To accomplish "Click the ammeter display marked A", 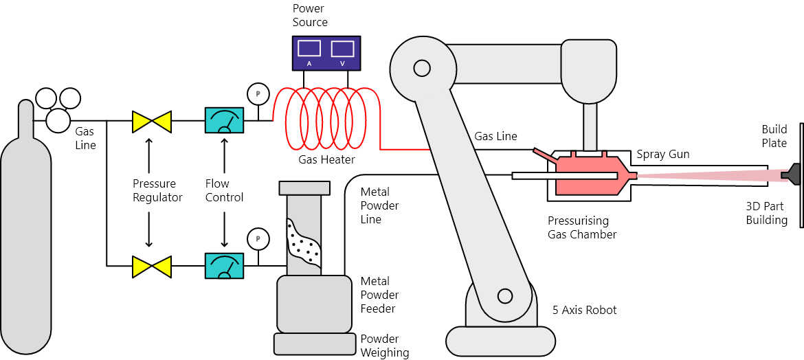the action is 309,48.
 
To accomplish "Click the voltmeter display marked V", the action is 342,48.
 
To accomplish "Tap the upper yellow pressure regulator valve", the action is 151,121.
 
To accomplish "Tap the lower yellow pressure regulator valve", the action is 151,266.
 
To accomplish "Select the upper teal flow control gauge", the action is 224,121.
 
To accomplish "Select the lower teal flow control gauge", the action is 224,266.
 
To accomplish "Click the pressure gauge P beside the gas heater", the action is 258,94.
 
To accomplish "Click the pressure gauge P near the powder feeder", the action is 258,239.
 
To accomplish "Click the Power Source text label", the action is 310,15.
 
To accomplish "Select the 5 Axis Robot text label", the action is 585,310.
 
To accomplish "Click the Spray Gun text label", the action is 663,154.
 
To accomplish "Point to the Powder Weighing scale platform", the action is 315,344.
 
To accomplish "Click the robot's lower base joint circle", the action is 504,296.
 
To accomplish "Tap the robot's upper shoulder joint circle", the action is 421,67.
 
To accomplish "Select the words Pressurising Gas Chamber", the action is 582,227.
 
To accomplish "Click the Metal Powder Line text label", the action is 380,205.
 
